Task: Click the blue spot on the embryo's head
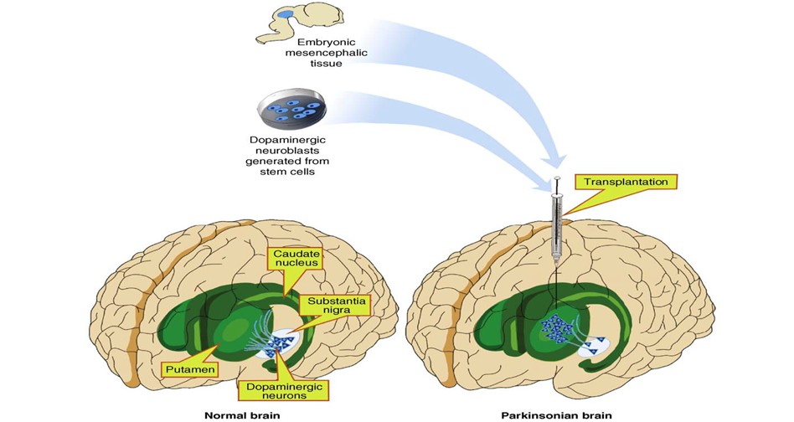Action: click(287, 14)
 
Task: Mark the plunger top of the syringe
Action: click(556, 180)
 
